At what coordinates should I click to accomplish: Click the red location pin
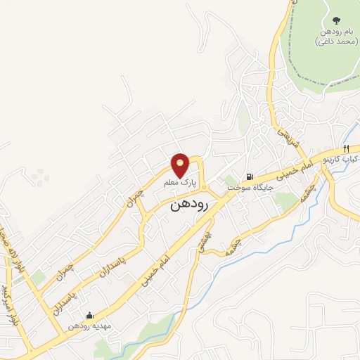tap(181, 165)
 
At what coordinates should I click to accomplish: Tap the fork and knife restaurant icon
tap(347, 148)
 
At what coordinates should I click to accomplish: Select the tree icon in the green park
tap(335, 22)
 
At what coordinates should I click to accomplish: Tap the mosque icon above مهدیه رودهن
tap(89, 316)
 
